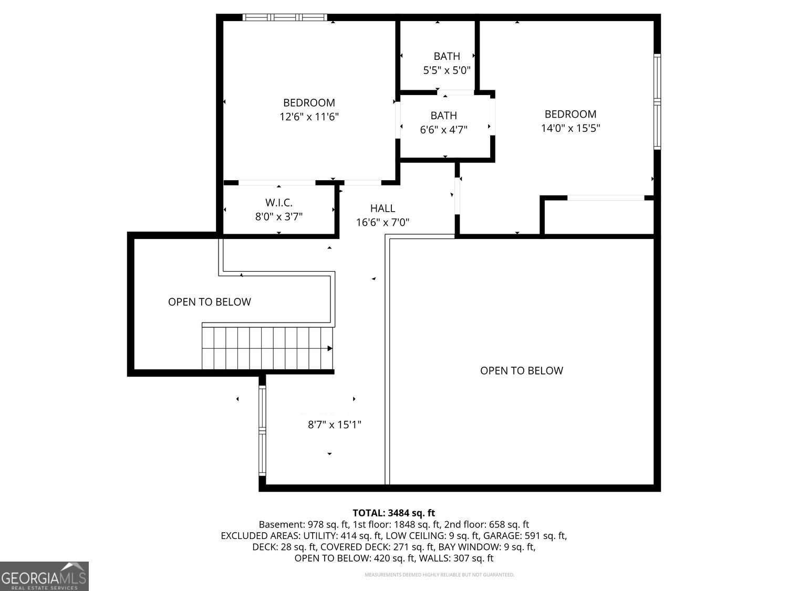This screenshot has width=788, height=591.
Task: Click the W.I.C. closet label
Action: (278, 203)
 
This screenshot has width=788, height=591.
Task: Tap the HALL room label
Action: (382, 209)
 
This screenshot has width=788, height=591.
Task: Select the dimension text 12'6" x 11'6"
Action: (309, 117)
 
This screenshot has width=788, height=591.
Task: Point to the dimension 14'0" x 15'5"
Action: (571, 128)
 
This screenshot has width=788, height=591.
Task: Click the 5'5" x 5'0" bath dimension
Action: (447, 70)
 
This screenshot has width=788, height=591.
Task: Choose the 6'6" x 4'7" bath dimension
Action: (444, 130)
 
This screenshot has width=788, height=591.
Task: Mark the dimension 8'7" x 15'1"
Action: (334, 425)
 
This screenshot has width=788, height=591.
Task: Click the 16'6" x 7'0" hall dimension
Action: (382, 222)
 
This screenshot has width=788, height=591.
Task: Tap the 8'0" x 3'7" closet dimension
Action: (278, 217)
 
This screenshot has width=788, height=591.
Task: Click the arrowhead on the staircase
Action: (329, 348)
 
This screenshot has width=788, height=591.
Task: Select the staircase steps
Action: (267, 348)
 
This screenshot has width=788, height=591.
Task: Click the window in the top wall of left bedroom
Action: (285, 17)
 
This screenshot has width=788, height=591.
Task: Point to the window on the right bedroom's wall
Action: (657, 101)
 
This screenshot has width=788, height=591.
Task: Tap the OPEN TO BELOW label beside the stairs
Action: (209, 302)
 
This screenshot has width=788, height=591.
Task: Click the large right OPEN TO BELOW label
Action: (522, 371)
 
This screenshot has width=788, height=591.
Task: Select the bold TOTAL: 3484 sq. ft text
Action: (394, 513)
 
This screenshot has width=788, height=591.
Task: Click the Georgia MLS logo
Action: (44, 576)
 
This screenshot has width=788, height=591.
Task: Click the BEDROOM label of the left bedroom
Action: (309, 103)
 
